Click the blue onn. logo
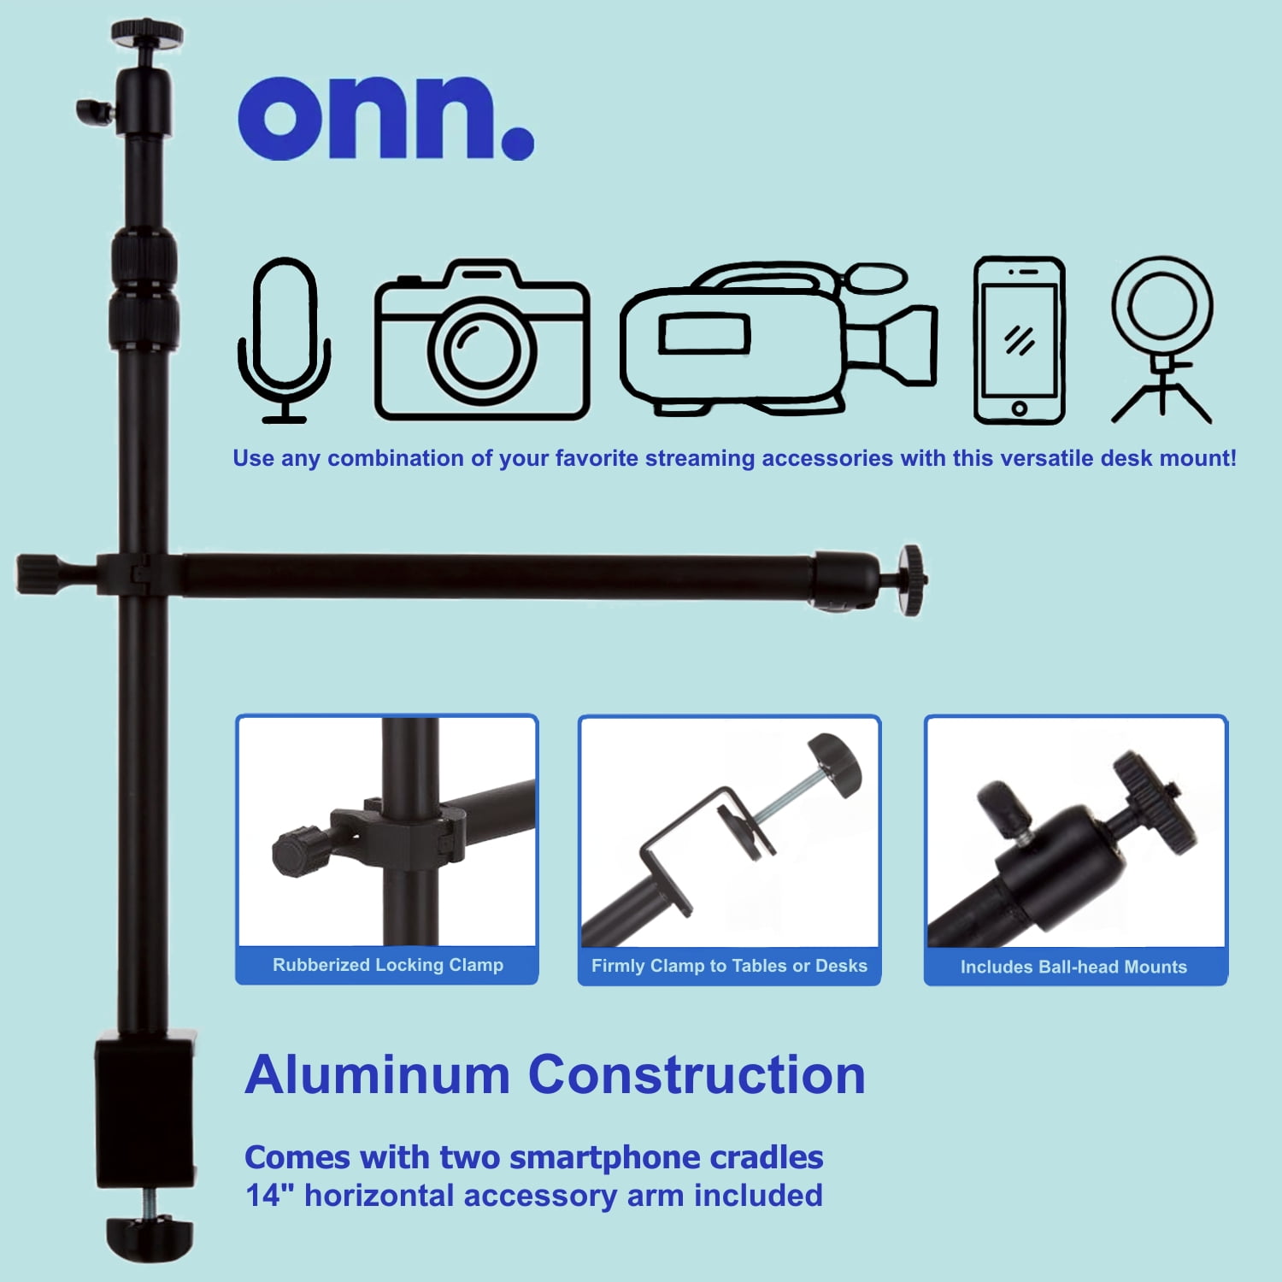[385, 118]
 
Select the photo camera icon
[482, 340]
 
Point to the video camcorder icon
[779, 339]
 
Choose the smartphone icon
[1020, 340]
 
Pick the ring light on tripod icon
[1161, 340]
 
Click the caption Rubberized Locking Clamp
[388, 965]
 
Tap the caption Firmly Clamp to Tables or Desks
[729, 966]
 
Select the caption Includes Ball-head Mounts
[1073, 967]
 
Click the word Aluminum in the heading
[377, 1074]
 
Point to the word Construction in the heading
[697, 1074]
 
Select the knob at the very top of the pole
[147, 33]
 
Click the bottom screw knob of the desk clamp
[150, 1238]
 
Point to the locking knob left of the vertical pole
[38, 573]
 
